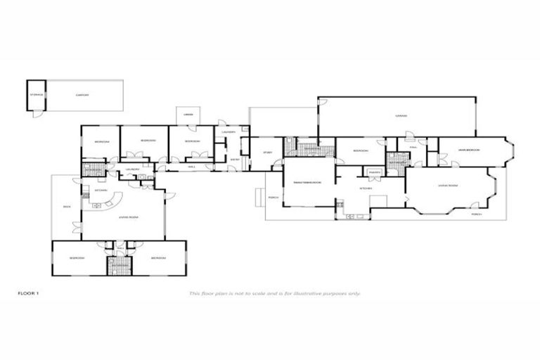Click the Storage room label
(x=37, y=94)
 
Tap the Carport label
(x=82, y=94)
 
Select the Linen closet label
(x=188, y=115)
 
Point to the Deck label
(x=67, y=207)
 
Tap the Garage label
(x=401, y=115)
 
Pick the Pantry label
(x=373, y=172)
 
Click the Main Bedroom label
(x=469, y=149)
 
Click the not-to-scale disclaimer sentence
(x=274, y=292)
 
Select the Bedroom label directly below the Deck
(x=77, y=258)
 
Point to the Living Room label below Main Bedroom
(x=448, y=186)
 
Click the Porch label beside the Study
(x=274, y=198)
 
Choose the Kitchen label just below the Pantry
(x=366, y=188)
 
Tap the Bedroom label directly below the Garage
(x=361, y=150)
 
